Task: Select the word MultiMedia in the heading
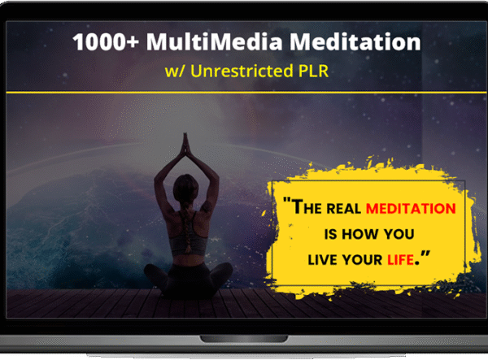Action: [x=210, y=41]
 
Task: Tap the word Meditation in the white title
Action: [x=350, y=41]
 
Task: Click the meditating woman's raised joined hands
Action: [x=185, y=145]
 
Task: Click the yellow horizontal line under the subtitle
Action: [x=244, y=93]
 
